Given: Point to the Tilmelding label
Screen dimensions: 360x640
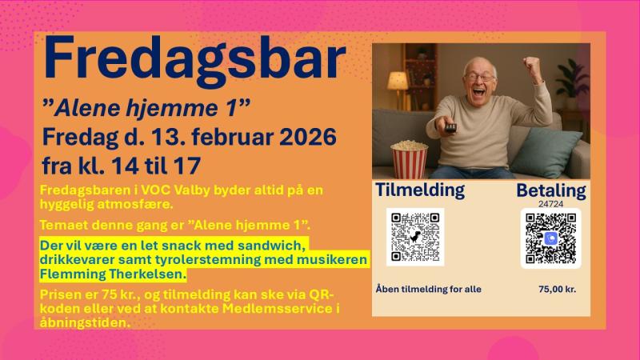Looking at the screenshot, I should point(420,190).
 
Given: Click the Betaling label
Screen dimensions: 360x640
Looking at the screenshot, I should point(551,190).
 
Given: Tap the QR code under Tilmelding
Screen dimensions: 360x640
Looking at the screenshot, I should point(414,237).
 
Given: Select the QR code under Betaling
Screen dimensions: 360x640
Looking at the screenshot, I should point(551,238).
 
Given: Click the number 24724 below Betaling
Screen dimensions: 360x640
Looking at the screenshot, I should point(550,204).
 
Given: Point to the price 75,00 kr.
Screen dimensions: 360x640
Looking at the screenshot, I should point(557,289).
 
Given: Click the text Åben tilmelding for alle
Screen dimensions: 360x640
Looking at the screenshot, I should point(429,289).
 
